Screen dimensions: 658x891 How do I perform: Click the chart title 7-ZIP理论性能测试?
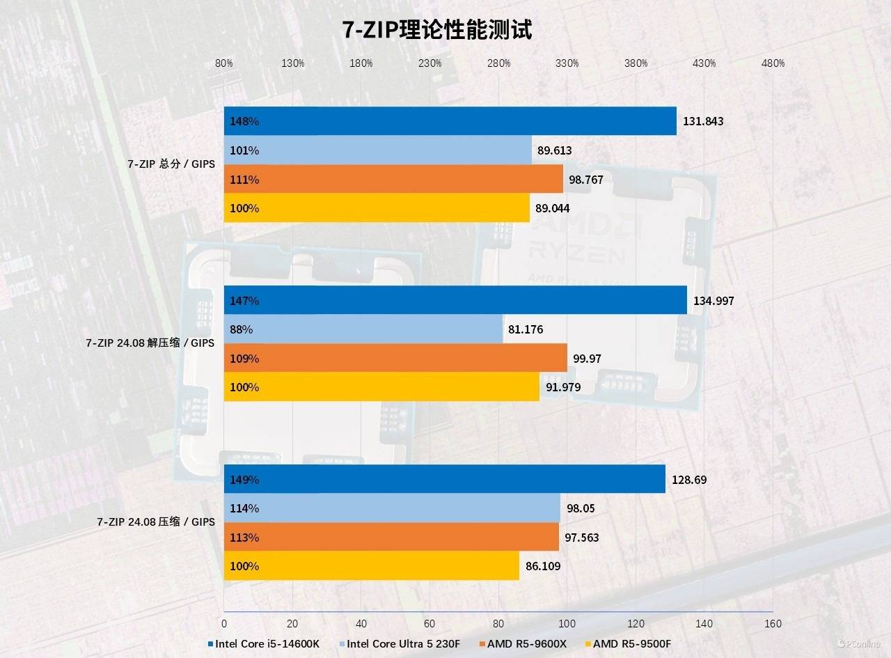436,31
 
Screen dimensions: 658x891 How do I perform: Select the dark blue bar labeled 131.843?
450,121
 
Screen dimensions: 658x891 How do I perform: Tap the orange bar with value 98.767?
393,180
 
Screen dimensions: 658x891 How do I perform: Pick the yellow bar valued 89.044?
377,208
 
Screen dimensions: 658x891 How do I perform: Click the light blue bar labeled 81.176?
363,329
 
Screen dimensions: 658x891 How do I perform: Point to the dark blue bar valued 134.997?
455,301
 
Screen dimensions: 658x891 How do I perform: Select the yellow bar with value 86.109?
372,566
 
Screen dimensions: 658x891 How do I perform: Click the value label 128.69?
689,480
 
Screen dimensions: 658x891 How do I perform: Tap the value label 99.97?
588,359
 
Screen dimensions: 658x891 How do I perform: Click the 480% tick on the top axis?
773,63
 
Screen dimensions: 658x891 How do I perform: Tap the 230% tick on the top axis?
430,63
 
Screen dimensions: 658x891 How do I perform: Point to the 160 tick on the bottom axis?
773,623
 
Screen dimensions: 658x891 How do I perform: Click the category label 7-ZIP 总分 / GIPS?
171,164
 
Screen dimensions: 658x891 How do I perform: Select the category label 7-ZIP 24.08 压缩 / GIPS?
156,522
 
